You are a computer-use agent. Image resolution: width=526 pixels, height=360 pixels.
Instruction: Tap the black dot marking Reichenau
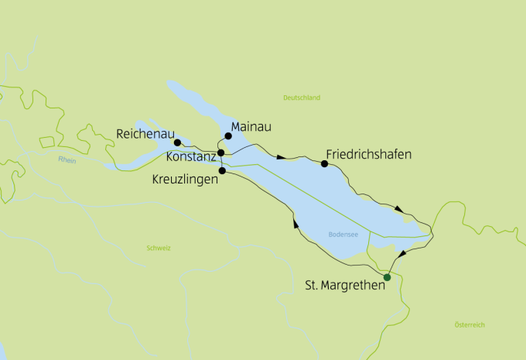coord(177,142)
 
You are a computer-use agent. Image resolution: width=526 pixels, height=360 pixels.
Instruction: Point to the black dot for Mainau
coord(228,136)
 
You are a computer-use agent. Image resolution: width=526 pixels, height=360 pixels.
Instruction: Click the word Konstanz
coord(191,156)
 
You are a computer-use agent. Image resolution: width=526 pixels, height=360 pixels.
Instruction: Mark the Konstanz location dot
coord(221,153)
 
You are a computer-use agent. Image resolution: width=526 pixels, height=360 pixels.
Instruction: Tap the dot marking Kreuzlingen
coord(222,170)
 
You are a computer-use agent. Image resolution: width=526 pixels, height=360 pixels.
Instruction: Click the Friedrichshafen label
coord(369,154)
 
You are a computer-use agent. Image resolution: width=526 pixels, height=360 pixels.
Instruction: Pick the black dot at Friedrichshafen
coord(324,163)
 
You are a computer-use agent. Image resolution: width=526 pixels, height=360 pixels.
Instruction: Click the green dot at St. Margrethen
coord(388,277)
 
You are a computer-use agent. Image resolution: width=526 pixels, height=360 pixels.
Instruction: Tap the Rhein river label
coord(68,159)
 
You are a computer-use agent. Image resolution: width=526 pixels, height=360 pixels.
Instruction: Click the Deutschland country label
coord(302,98)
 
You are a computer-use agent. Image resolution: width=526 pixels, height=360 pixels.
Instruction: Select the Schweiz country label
coord(158,248)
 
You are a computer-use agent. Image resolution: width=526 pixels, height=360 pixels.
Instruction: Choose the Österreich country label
coord(470,324)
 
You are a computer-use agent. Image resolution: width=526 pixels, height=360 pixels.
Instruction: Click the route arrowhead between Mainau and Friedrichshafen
coord(282,157)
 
